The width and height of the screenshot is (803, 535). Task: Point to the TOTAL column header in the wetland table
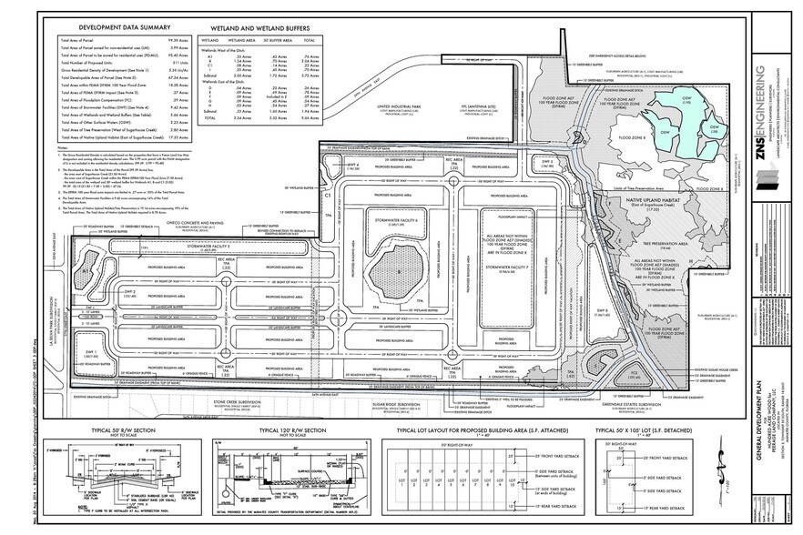click(308, 41)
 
